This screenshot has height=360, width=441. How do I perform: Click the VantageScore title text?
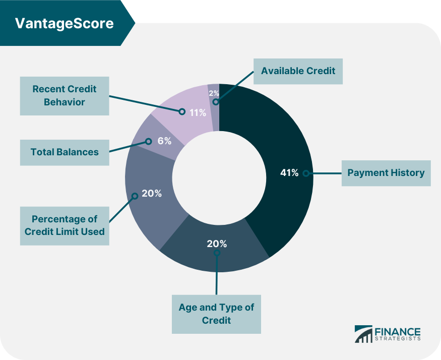[x=65, y=23]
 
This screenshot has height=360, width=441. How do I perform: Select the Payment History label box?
[x=386, y=173]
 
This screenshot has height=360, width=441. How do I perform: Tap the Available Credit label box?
[x=298, y=71]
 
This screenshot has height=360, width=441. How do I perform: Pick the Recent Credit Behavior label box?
[x=65, y=96]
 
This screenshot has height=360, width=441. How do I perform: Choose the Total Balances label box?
[x=65, y=153]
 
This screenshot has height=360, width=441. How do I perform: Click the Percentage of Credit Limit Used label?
[x=65, y=226]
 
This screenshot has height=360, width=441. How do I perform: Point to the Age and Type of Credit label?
[x=216, y=315]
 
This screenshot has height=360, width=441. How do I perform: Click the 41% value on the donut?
[x=289, y=172]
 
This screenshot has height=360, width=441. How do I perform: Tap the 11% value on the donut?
[x=198, y=113]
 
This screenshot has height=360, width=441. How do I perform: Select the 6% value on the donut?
[x=164, y=141]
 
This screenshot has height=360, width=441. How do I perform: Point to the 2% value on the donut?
[x=214, y=93]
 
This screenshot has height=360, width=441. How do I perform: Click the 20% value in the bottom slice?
[x=217, y=244]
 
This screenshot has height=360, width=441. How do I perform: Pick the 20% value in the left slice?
[x=152, y=194]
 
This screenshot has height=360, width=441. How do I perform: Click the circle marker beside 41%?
[x=306, y=173]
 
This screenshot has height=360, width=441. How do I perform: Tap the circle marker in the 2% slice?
[x=216, y=102]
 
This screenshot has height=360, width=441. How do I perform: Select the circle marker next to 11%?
[x=182, y=112]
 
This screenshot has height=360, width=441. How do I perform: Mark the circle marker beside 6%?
[x=149, y=141]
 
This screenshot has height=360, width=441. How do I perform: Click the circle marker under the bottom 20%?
[x=217, y=253]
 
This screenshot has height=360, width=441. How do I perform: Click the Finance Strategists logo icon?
[x=363, y=334]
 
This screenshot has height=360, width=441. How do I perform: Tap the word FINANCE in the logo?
[x=398, y=332]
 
